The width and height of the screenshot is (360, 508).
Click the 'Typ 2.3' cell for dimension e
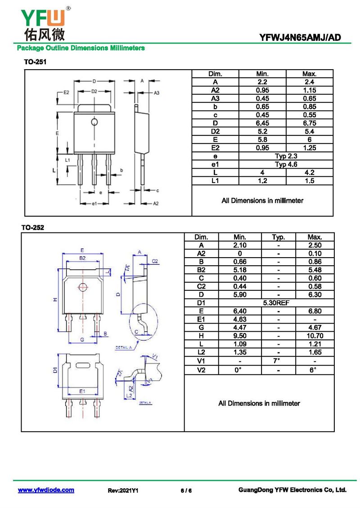click(286, 156)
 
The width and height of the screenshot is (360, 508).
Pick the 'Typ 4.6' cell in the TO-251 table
click(286, 164)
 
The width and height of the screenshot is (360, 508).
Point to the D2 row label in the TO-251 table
click(215, 131)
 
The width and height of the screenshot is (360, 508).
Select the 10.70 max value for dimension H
click(315, 336)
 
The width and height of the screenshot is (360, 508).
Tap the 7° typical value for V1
click(278, 361)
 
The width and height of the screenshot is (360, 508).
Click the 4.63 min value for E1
click(240, 320)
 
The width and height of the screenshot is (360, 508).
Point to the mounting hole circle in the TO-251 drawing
click(94, 122)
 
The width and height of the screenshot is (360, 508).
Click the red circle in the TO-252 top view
click(82, 287)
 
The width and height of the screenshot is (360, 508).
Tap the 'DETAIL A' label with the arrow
click(124, 348)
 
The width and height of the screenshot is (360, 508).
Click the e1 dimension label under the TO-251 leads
click(94, 204)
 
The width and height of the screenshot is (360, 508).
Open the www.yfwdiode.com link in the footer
click(46, 490)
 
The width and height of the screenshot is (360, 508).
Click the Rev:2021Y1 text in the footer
click(123, 490)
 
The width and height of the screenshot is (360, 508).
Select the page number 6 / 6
click(186, 490)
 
